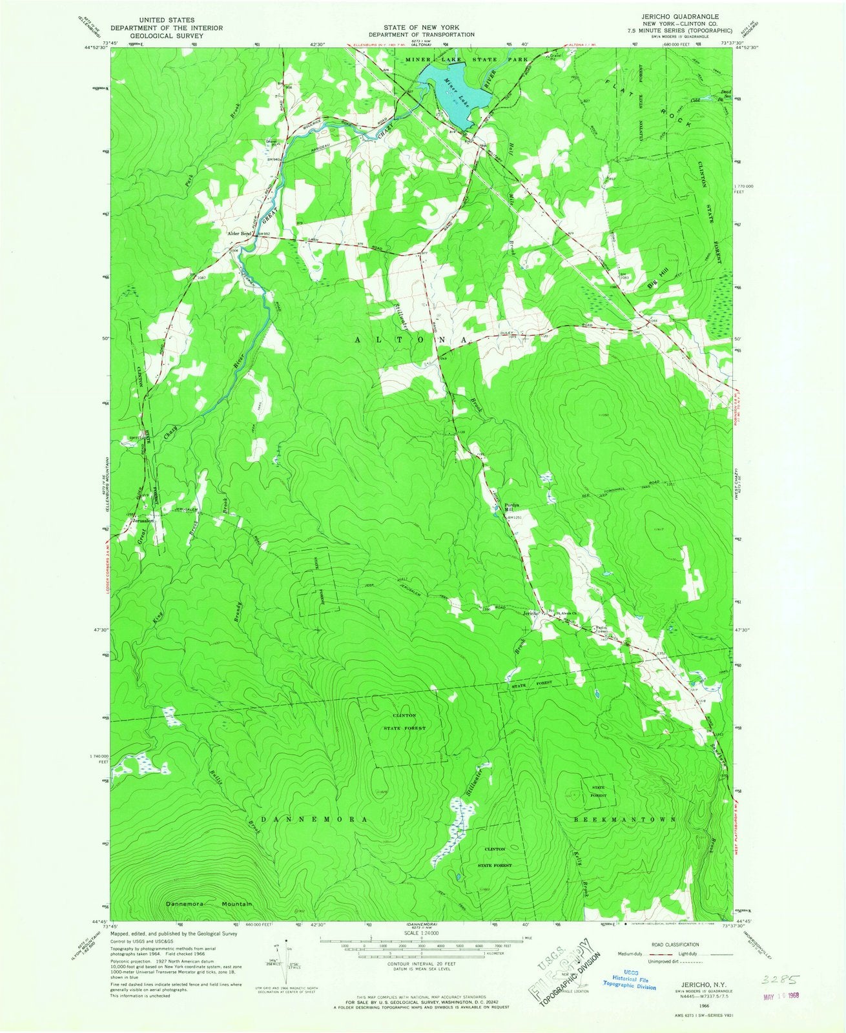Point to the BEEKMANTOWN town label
pos(624,819)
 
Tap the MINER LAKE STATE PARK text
pos(466,59)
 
